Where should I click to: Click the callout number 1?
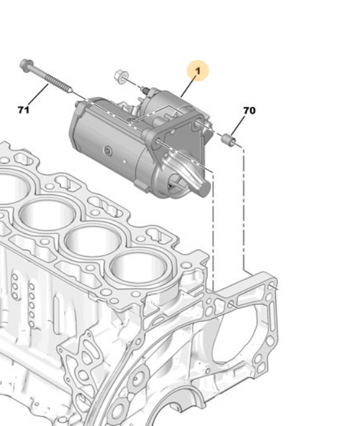click(x=198, y=71)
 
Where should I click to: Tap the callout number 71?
click(x=23, y=110)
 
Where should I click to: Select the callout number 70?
click(x=249, y=111)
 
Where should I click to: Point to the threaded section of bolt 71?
click(x=59, y=83)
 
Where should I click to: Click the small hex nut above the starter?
click(x=121, y=76)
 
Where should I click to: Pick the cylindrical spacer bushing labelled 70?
click(x=228, y=139)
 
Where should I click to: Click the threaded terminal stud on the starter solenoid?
click(x=145, y=90)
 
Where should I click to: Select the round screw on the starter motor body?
click(x=109, y=150)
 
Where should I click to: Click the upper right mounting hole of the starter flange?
click(x=197, y=124)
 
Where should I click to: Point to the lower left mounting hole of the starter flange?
click(x=157, y=142)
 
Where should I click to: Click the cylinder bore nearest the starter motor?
click(x=138, y=267)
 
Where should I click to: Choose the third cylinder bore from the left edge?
click(x=92, y=241)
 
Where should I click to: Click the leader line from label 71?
click(x=38, y=95)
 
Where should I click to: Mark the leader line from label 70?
click(x=238, y=126)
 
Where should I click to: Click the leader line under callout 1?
click(x=188, y=87)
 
